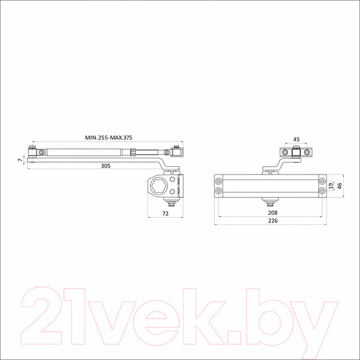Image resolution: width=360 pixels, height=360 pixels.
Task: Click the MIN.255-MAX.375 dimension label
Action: pos(109,137)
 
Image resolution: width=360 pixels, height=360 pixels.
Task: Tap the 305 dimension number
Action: pos(106,166)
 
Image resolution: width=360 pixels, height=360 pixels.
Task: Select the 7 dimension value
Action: pos(20,160)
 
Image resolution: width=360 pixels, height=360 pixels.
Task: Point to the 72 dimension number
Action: pos(166,214)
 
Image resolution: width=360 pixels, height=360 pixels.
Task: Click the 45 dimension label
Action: pos(296,139)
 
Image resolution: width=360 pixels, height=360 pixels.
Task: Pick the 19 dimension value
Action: pos(331,186)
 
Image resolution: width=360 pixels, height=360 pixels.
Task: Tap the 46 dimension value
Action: pos(340,186)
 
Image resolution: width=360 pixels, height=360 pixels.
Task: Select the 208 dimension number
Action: pos(273,213)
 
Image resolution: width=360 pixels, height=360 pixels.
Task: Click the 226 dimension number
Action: pos(273,221)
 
